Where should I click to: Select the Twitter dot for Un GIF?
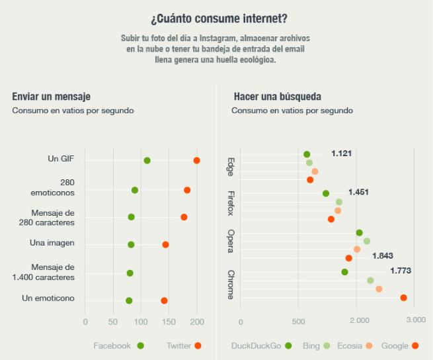196,161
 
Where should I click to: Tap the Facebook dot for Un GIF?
147,161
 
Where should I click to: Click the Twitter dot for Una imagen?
165,245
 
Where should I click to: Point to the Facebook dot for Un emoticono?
129,300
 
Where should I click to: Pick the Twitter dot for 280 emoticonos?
187,190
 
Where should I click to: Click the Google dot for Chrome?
403,298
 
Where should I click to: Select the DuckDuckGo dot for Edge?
307,154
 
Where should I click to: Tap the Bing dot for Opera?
367,241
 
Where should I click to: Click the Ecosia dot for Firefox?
338,210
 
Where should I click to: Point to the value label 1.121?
341,154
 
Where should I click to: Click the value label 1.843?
383,256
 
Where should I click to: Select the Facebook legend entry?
118,345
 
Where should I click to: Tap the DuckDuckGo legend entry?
261,345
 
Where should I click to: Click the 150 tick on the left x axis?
169,322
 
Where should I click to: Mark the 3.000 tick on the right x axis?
415,322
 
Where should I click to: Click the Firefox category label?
231,203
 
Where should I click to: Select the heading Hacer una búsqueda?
278,97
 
